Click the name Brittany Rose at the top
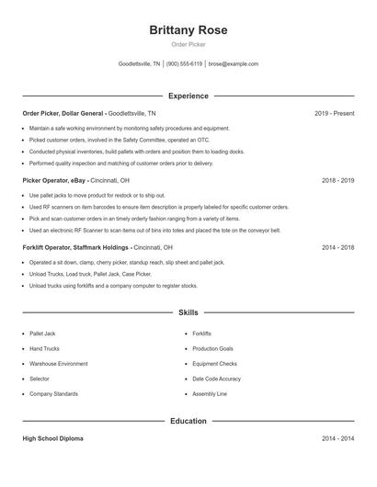coord(188,30)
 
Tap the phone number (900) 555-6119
coord(184,64)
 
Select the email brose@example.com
coord(234,64)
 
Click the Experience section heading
coord(188,96)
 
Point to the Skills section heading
coord(188,313)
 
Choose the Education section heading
coord(188,421)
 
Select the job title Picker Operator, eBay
coord(55,181)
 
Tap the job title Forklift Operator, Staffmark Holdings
coord(76,247)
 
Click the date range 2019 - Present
coord(334,113)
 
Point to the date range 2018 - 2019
coord(337,181)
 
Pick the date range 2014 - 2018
coord(337,247)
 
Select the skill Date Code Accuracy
coord(216,379)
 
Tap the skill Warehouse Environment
coord(59,364)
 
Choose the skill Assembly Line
coord(210,393)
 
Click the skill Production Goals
coord(212,349)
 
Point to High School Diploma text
coord(52,438)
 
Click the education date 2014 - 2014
coord(337,438)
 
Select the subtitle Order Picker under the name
coord(188,45)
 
